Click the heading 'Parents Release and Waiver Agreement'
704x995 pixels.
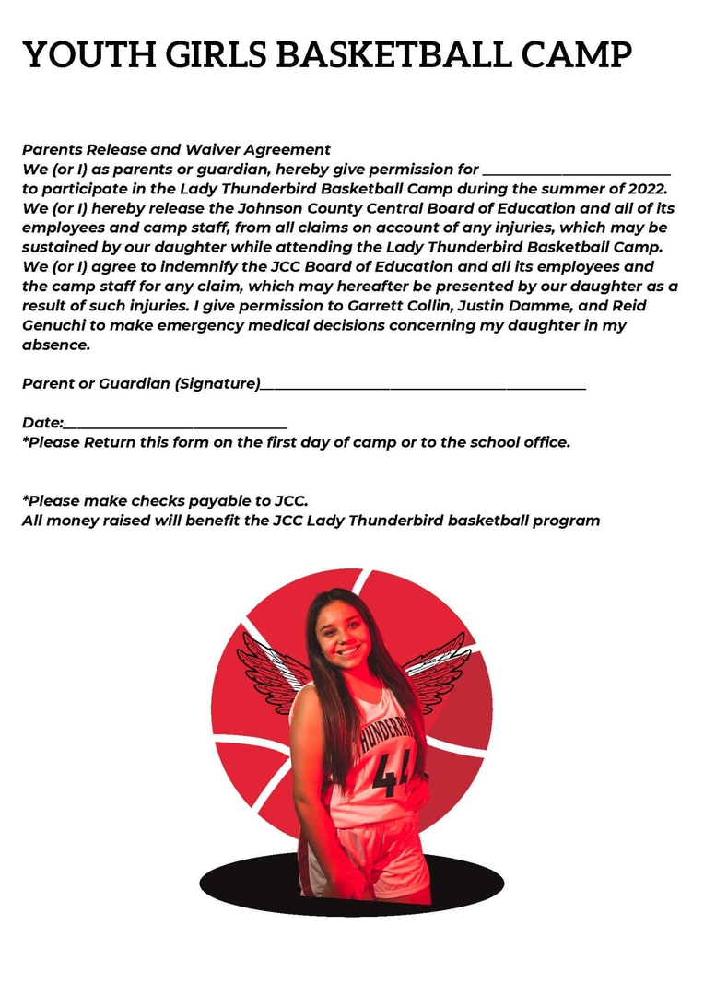tap(176, 149)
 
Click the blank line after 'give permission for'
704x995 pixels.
tap(577, 170)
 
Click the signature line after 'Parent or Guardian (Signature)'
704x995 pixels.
tap(423, 385)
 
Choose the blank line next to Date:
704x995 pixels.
tap(175, 424)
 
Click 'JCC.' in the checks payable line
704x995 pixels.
tap(290, 501)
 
